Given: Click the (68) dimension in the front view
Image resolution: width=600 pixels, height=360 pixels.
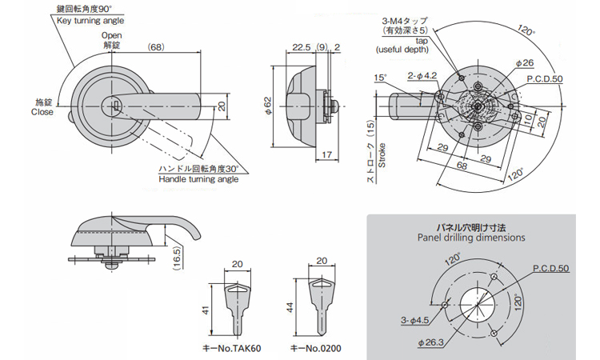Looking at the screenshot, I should [x=157, y=47].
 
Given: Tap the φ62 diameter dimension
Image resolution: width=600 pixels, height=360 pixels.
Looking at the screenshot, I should [x=270, y=108].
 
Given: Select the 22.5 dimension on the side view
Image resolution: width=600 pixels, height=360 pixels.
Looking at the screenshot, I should [x=302, y=47].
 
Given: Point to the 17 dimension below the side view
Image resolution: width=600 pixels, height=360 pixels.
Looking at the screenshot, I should [x=329, y=154].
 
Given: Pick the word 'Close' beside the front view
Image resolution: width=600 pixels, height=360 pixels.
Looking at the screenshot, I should [x=42, y=112].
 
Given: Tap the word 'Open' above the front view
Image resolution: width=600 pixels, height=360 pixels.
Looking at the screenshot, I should [x=111, y=36].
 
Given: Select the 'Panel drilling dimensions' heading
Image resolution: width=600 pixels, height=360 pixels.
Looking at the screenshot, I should [x=471, y=238].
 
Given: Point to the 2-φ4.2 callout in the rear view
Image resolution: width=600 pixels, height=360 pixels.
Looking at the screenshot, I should [x=422, y=76].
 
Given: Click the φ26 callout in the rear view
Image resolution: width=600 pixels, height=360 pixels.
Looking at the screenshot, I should [x=525, y=62].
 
